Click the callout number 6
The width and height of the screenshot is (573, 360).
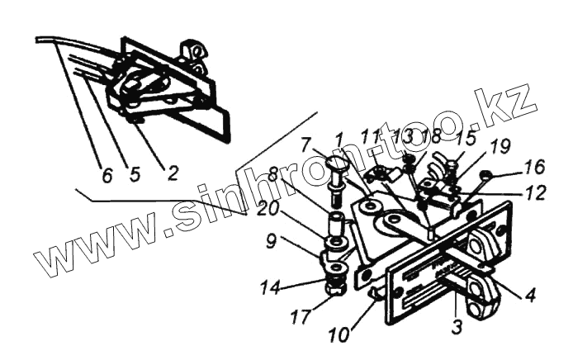point(106,177)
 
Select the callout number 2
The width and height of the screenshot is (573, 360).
point(172,173)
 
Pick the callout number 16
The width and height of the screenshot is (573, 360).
point(533,168)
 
